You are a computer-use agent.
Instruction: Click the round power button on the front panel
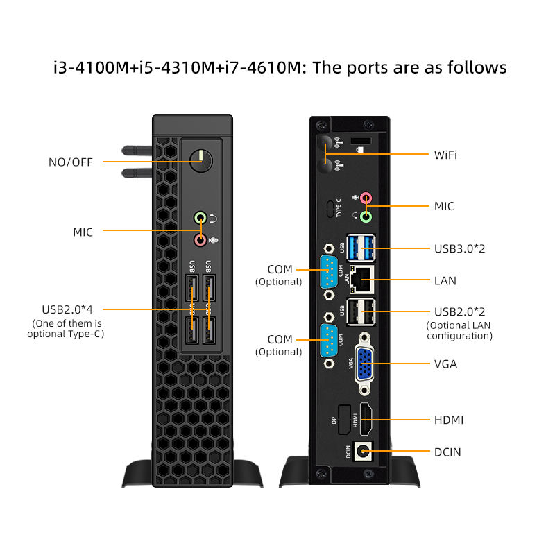[x=201, y=160]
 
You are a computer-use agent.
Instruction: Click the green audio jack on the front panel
[x=200, y=218]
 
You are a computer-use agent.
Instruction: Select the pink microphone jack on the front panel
[x=200, y=239]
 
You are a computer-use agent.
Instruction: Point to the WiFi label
[x=445, y=154]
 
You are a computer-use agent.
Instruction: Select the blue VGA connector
[x=364, y=364]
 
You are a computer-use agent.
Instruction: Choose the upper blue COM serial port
[x=329, y=271]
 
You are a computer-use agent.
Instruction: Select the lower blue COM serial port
[x=329, y=340]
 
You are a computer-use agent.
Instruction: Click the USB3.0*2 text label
[x=459, y=248]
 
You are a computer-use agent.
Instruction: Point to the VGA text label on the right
[x=445, y=364]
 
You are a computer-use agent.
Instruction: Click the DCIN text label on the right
[x=447, y=452]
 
